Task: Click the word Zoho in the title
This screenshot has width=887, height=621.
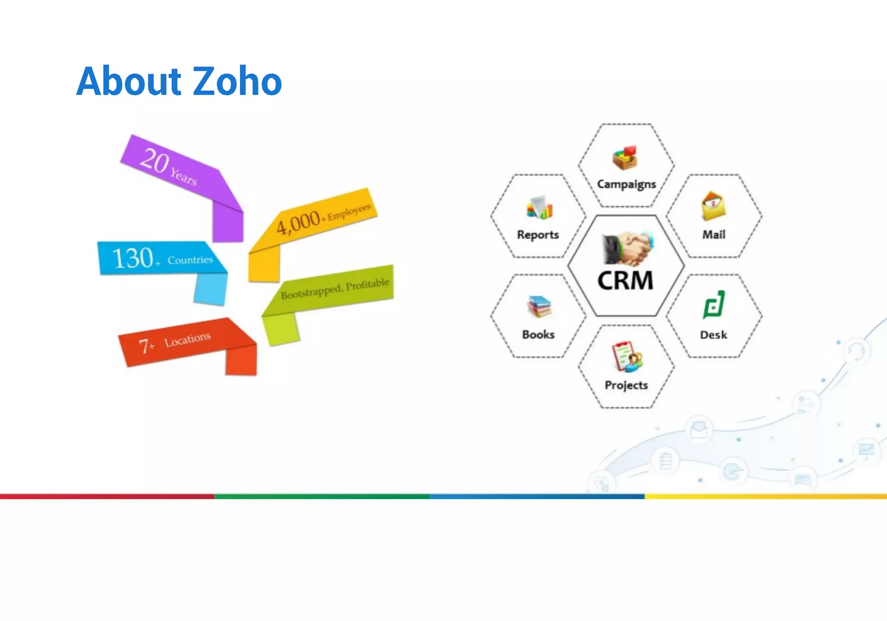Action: (x=237, y=81)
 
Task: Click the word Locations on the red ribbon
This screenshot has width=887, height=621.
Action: (x=187, y=340)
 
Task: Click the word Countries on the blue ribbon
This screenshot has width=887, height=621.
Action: (x=190, y=260)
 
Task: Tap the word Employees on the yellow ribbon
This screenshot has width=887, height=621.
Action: (x=349, y=212)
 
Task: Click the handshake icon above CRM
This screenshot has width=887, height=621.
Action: (x=627, y=249)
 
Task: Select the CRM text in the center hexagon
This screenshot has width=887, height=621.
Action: (x=625, y=281)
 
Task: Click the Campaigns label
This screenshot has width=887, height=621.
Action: (x=626, y=184)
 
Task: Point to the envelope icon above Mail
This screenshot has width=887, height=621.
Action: (x=713, y=206)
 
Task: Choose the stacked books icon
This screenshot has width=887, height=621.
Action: (x=538, y=306)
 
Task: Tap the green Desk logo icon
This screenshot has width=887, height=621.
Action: (x=713, y=304)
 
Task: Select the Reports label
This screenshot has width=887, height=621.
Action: (x=538, y=235)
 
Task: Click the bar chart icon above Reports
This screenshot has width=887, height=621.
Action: (x=539, y=207)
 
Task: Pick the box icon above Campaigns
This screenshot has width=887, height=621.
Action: (x=625, y=157)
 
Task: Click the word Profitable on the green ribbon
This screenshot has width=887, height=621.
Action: (x=367, y=285)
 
